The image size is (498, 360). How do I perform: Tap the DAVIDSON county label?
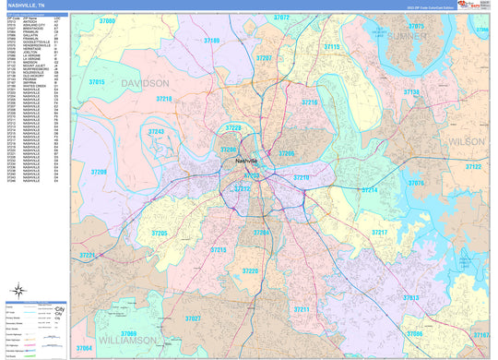[143, 83]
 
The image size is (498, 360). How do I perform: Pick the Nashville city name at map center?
[246, 162]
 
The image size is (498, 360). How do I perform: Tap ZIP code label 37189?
[211, 41]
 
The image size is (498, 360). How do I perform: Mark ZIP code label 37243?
[156, 132]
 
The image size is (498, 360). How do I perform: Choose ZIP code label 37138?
[411, 92]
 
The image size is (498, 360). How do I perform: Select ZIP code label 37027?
[193, 318]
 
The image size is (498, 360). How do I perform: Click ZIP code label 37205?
[159, 234]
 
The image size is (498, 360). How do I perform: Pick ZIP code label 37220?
[250, 271]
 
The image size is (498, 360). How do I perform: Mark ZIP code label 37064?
[85, 348]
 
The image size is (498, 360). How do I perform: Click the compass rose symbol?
[16, 294]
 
